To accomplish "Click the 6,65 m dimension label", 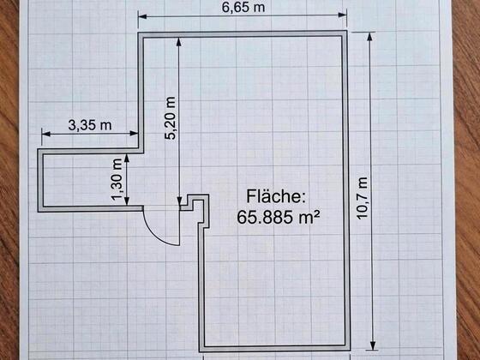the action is [x=243, y=8].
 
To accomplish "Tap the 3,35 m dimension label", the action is [x=90, y=125].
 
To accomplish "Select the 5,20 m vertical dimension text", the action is [x=171, y=118].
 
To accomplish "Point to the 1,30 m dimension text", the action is [x=117, y=180].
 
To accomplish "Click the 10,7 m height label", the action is [x=363, y=198].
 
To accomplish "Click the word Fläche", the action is [x=276, y=196].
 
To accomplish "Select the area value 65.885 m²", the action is [x=278, y=218].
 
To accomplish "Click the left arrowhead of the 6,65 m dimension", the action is [x=142, y=16].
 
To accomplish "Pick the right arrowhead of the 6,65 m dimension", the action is [x=342, y=15].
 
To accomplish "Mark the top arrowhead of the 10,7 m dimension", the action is [x=369, y=36].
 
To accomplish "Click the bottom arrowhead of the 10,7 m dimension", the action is [x=373, y=345].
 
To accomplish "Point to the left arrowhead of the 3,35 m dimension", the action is [x=46, y=134].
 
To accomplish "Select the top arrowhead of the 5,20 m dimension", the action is [x=179, y=42].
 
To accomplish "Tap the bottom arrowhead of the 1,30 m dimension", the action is [x=127, y=201].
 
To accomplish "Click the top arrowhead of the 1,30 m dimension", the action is [x=127, y=159].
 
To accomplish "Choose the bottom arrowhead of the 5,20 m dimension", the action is [x=179, y=201].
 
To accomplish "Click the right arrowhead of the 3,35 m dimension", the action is [x=134, y=133].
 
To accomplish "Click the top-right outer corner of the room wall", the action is [x=346, y=31].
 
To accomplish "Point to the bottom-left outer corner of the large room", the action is [x=199, y=352].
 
